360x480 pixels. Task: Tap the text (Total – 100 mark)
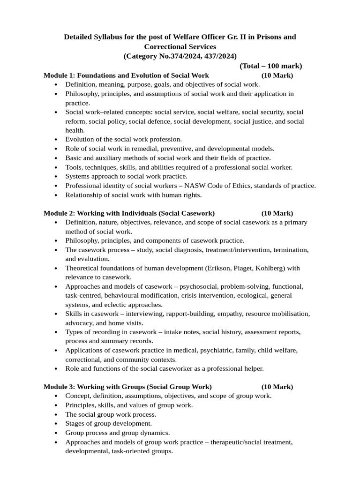pos(270,66)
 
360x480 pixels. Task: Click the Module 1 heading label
pos(59,75)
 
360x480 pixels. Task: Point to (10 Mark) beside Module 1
pos(277,75)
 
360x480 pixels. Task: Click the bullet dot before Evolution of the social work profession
pos(56,140)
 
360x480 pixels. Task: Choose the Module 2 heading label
pos(59,213)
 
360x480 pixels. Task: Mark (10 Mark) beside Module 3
pos(277,387)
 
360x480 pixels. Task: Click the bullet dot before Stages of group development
pos(56,424)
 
